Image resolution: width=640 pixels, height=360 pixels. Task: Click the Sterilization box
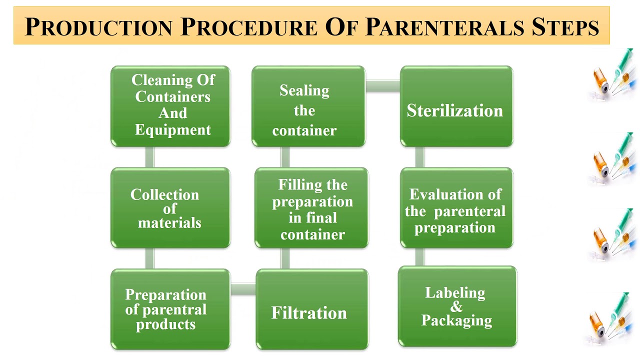click(456, 106)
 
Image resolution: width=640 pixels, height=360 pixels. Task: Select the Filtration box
click(311, 309)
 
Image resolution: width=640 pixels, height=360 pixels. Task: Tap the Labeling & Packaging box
click(457, 306)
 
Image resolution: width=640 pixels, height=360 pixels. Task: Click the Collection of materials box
click(170, 208)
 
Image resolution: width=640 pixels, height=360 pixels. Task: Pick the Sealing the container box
click(308, 106)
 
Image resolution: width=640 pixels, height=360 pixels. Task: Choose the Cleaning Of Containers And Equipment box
click(170, 106)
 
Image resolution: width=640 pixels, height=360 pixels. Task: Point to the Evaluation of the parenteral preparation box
click(456, 208)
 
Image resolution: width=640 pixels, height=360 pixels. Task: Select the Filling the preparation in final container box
click(311, 208)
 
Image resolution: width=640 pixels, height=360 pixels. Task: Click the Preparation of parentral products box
click(170, 309)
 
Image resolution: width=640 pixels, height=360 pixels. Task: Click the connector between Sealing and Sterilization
click(382, 85)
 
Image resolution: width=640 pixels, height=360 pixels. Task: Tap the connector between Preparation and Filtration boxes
click(243, 288)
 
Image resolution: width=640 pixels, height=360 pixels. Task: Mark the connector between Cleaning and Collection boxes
click(149, 157)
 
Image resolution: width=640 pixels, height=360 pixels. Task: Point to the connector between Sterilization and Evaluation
click(420, 157)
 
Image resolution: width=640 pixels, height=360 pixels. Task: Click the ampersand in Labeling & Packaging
click(456, 306)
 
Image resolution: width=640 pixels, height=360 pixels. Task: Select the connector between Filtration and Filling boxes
click(285, 258)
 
